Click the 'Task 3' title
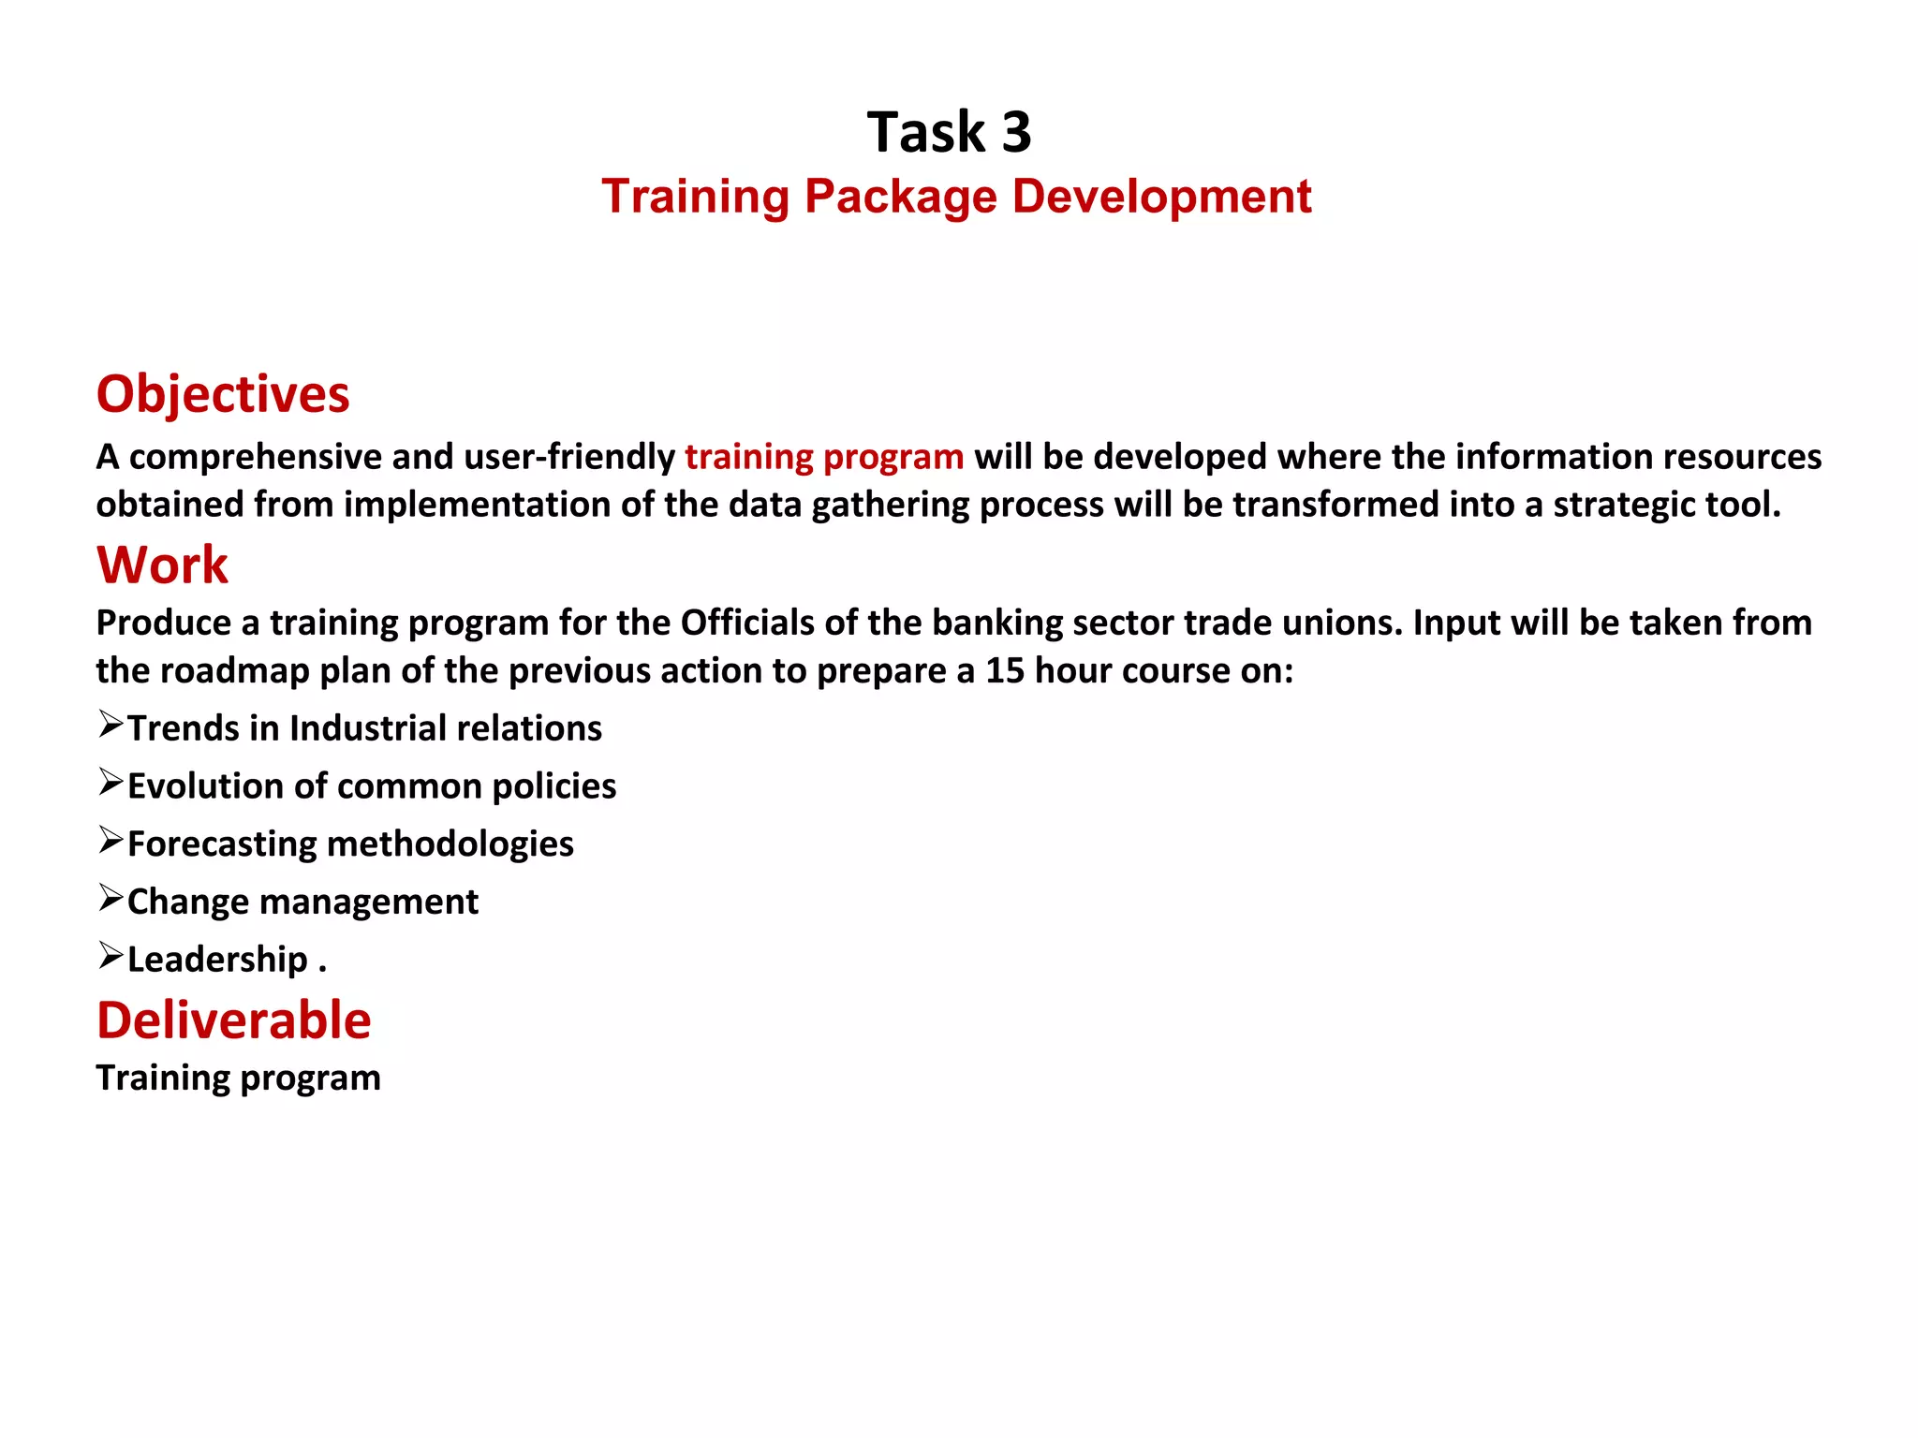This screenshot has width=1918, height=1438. coord(949,132)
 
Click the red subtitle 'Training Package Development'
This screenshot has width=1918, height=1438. coord(956,197)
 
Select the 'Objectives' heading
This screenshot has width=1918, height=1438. coord(223,393)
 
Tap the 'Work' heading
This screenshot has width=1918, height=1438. coord(162,565)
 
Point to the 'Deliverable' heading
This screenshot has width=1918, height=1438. coord(234,1020)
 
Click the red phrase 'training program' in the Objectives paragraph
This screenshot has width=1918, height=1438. coord(824,457)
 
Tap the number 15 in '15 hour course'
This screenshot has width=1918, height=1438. coord(1005,670)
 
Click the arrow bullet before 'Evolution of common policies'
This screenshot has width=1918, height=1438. coord(111,782)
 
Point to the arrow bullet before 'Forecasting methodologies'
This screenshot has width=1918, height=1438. coord(111,840)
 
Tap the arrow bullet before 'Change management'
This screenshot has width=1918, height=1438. coord(111,898)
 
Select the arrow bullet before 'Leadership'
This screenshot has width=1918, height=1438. coord(111,956)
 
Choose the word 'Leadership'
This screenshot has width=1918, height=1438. coord(217,960)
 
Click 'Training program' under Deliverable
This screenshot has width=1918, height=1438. coord(238,1078)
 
